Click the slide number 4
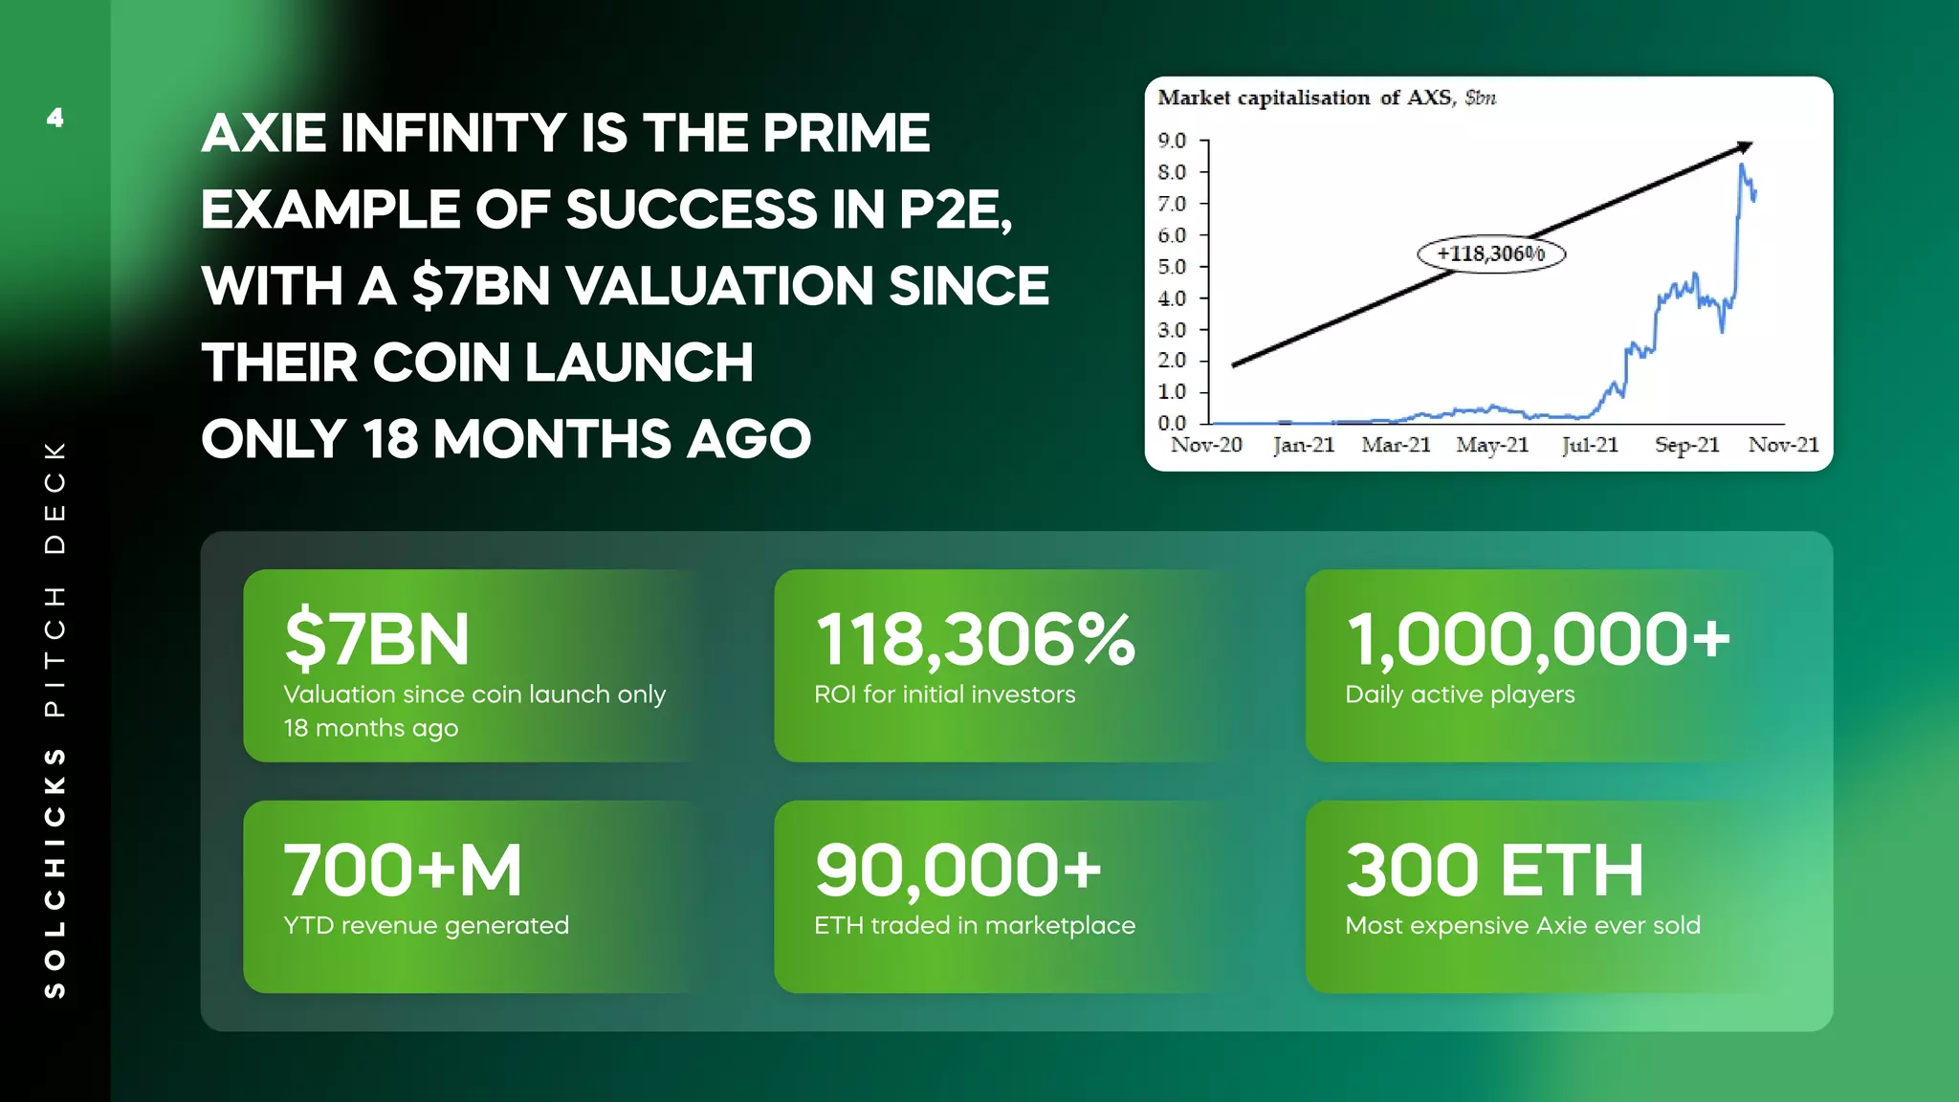pos(55,118)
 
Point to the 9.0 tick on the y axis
pos(1172,141)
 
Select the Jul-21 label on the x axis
pos(1590,445)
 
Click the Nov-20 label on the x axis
pos(1206,445)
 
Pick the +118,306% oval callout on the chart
pos(1490,253)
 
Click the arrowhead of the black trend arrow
pos(1745,146)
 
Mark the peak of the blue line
pos(1742,165)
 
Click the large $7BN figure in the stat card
pos(377,639)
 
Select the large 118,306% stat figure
pos(975,639)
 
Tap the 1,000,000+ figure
pos(1538,639)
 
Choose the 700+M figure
pos(403,871)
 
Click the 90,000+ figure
pos(957,871)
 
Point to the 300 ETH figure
pos(1494,871)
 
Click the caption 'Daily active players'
pos(1460,694)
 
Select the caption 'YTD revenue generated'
pos(426,925)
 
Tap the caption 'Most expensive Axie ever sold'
pos(1523,925)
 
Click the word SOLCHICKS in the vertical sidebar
pos(55,872)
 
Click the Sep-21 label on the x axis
pos(1687,445)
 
